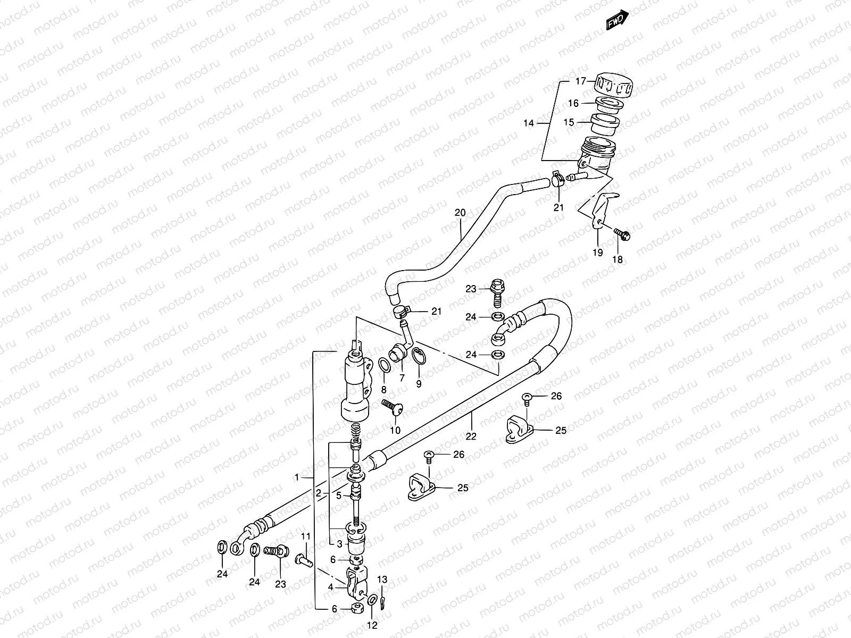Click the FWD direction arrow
[x=618, y=20]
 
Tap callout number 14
[x=528, y=123]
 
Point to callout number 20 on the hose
[x=460, y=213]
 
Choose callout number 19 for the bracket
[x=598, y=253]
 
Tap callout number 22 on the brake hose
[x=471, y=436]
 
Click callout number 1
[x=297, y=477]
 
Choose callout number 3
[x=339, y=543]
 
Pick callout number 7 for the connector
[x=402, y=377]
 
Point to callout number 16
[x=573, y=103]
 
